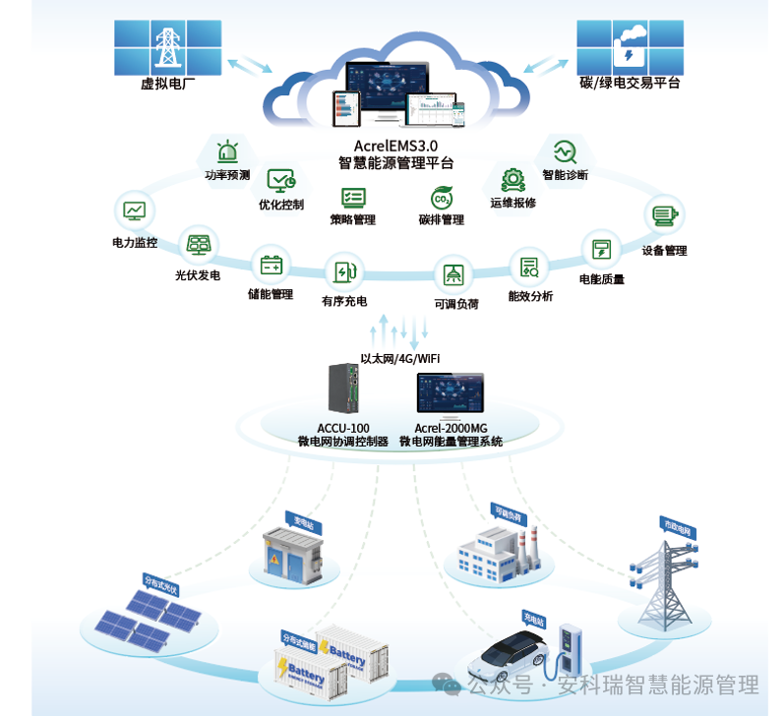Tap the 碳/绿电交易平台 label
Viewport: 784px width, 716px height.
630,84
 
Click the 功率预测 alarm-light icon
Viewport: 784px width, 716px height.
228,152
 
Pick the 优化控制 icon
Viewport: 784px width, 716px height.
281,181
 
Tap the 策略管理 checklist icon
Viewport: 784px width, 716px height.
353,197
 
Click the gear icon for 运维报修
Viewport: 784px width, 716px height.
513,180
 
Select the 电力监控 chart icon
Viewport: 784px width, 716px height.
135,210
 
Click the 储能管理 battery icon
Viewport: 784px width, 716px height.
271,265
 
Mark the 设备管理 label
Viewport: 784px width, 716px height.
664,251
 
